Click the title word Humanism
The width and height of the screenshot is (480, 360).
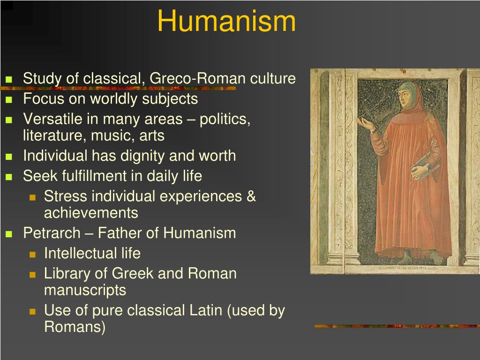(x=226, y=22)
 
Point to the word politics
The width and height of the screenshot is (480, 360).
(x=225, y=119)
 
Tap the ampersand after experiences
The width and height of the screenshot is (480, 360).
(x=251, y=196)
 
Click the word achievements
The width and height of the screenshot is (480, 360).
(x=91, y=213)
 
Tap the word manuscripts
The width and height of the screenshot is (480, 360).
(x=85, y=290)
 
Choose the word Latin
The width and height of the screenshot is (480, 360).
(x=205, y=310)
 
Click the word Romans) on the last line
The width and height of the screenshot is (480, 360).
(x=75, y=327)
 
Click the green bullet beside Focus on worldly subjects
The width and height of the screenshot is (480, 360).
(x=8, y=100)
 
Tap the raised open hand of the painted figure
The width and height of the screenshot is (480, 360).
(x=365, y=123)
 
